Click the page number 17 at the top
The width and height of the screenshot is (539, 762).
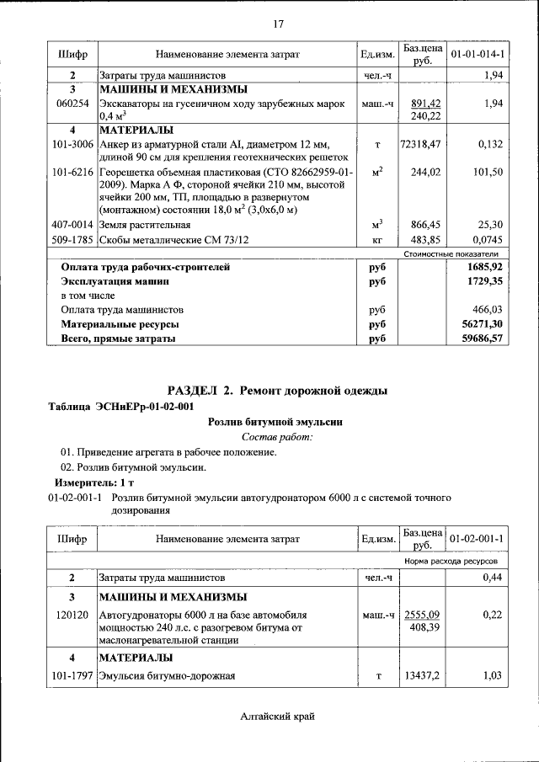(278, 23)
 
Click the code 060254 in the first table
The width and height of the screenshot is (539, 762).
(72, 103)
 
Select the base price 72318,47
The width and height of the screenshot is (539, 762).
(420, 144)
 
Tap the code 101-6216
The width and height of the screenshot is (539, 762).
(72, 172)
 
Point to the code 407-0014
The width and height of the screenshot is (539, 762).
(72, 225)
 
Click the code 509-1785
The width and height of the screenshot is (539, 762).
(72, 239)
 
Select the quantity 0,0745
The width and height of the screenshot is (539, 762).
(485, 239)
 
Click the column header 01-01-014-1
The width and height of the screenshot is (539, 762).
(477, 54)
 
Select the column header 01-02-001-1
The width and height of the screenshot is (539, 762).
(477, 538)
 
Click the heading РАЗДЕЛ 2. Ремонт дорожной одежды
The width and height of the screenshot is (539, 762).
(277, 391)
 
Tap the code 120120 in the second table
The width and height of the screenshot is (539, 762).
(72, 615)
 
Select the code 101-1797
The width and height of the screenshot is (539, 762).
(72, 675)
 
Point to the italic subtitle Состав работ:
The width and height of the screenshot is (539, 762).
(277, 437)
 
